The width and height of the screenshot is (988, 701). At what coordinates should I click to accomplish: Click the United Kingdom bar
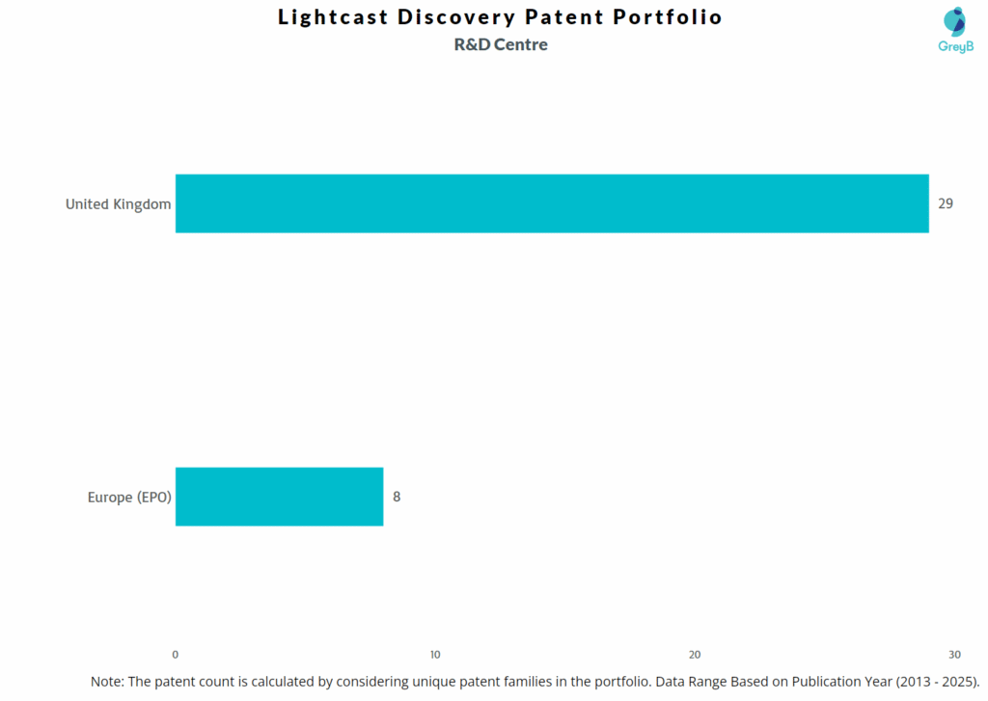551,203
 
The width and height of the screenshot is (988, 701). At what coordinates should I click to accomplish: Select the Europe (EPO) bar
279,497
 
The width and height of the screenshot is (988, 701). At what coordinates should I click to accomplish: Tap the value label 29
945,203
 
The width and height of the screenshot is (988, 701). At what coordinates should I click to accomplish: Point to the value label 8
397,497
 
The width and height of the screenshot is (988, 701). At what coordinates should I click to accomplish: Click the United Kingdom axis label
118,203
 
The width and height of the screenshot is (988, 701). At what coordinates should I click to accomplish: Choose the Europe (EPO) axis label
128,498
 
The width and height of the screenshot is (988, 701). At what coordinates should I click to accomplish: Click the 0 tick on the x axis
175,655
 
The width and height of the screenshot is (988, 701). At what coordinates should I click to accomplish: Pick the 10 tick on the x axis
435,655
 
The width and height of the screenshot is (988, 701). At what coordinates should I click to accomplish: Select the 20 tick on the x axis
695,655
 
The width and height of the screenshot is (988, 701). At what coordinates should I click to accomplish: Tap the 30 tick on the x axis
954,655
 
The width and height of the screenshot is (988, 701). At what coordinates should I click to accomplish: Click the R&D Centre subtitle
501,44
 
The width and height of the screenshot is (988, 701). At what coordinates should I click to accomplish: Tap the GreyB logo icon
953,21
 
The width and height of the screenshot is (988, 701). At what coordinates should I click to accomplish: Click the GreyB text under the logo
954,46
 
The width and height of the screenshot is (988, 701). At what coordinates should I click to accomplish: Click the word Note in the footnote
106,681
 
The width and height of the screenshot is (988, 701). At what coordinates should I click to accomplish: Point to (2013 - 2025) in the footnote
936,681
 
